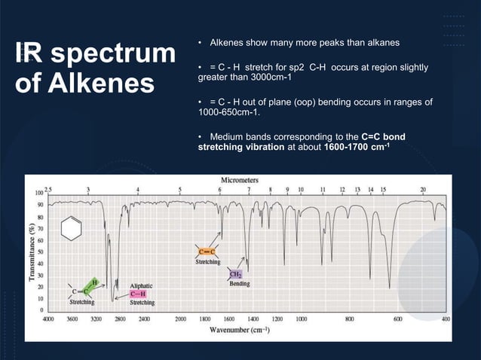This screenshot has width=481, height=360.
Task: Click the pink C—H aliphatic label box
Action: (142, 294)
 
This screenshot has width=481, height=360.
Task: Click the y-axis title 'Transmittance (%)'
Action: (32, 251)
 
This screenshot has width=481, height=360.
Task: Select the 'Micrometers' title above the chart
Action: (240, 181)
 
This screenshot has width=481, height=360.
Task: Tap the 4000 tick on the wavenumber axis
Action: (47, 319)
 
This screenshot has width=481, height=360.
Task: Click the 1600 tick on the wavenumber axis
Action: (229, 319)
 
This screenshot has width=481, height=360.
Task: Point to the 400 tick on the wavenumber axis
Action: (446, 319)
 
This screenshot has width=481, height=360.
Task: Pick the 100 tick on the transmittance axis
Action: (39, 194)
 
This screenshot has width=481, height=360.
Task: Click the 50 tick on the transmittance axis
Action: (40, 252)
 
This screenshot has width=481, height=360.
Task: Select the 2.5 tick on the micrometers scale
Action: (49, 188)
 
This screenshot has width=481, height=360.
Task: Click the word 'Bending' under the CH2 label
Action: (240, 284)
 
